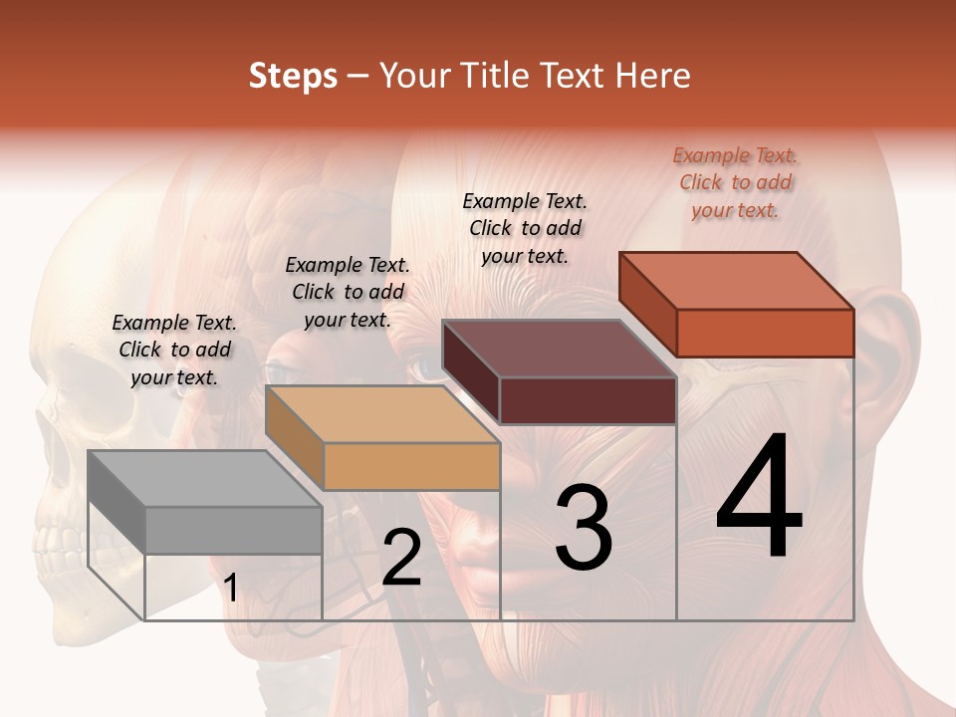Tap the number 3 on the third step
click(583, 528)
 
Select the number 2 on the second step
click(401, 558)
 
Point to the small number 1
click(230, 589)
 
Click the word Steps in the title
click(293, 76)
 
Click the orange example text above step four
click(735, 182)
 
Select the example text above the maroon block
click(525, 228)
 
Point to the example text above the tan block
click(348, 292)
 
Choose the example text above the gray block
click(174, 350)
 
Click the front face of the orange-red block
click(765, 333)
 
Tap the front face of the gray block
click(233, 530)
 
